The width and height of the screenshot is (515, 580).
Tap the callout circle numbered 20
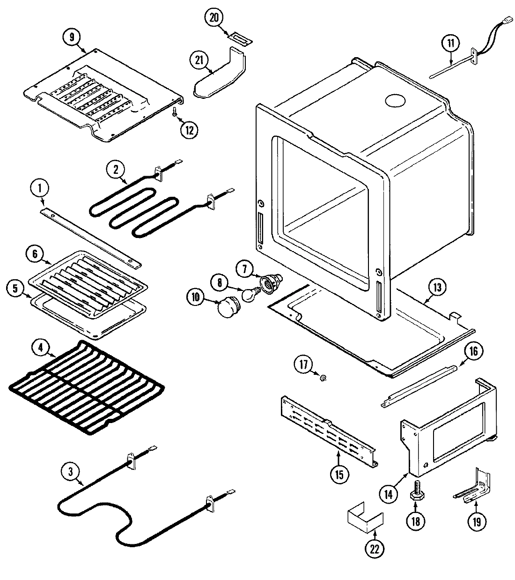coord(214,18)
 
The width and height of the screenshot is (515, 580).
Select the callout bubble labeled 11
coord(450,44)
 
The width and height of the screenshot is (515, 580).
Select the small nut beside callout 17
coord(323,377)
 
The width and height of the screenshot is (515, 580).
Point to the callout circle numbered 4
coord(41,348)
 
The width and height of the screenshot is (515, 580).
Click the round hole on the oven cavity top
coord(395,100)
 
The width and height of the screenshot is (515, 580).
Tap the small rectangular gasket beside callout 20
coord(239,37)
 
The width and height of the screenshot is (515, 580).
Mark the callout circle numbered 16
coord(473,351)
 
